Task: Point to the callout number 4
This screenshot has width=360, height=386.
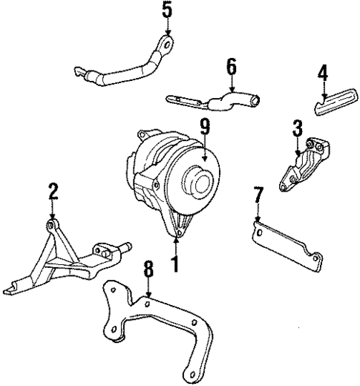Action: [x=322, y=73]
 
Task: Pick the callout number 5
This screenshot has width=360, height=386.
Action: [x=167, y=11]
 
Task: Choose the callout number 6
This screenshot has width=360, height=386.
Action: [x=232, y=68]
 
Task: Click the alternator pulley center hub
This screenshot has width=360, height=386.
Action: [x=199, y=182]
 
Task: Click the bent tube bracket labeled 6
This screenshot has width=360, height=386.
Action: [x=223, y=99]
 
